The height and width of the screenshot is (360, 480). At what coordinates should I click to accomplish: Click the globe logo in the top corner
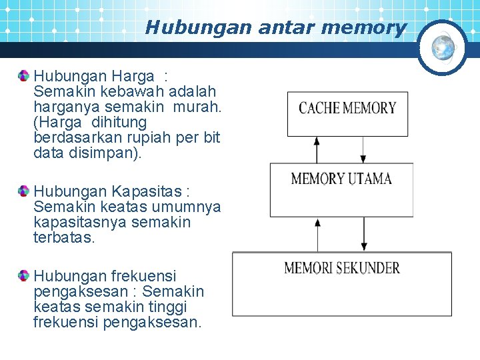pyautogui.click(x=443, y=47)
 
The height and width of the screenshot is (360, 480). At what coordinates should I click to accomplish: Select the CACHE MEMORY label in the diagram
pyautogui.click(x=347, y=108)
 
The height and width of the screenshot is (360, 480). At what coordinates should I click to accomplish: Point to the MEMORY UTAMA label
pyautogui.click(x=341, y=179)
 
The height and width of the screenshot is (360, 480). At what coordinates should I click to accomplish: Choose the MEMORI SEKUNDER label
pyautogui.click(x=342, y=268)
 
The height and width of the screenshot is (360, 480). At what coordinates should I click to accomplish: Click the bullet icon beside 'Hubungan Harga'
pyautogui.click(x=24, y=75)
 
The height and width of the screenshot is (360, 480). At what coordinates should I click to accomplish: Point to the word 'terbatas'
pyautogui.click(x=64, y=237)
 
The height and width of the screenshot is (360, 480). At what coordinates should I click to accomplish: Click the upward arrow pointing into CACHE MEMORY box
pyautogui.click(x=315, y=148)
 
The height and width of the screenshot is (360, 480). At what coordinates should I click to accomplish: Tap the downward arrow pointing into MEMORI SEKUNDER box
pyautogui.click(x=363, y=235)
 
